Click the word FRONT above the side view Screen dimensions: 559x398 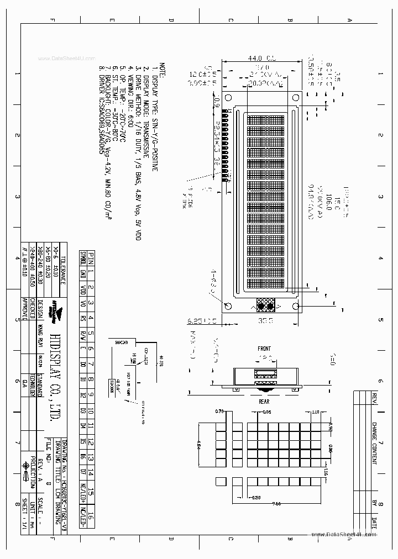click(x=264, y=349)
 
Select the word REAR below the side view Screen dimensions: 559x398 click(x=264, y=402)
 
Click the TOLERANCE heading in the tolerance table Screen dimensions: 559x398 click(x=63, y=271)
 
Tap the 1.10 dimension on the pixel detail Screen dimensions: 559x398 click(x=316, y=412)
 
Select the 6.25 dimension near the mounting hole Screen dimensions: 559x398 click(x=195, y=320)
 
